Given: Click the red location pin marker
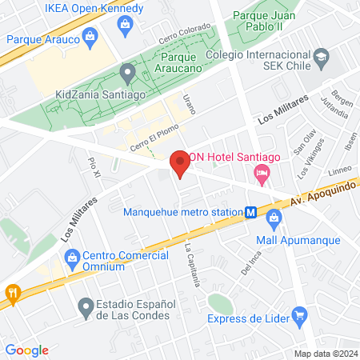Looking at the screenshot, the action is [180, 162].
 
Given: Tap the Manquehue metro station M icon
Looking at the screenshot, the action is [251, 213].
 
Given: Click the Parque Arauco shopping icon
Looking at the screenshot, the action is [89, 37].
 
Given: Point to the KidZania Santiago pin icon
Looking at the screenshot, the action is [126, 74].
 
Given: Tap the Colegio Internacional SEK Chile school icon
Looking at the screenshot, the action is [321, 58].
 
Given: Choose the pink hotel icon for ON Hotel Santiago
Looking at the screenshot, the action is [261, 173].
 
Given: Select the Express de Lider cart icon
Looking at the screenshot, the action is [299, 315].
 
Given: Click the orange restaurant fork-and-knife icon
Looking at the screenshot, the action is [12, 293].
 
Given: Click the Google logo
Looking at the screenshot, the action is [26, 350].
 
